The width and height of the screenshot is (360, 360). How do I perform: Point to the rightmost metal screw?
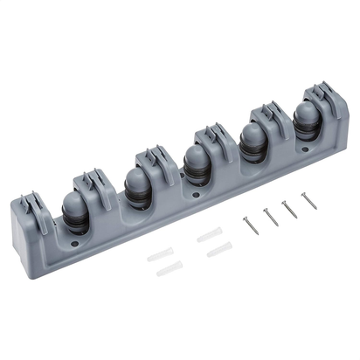tap(308, 200)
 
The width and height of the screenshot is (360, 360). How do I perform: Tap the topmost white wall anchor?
tap(210, 234)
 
